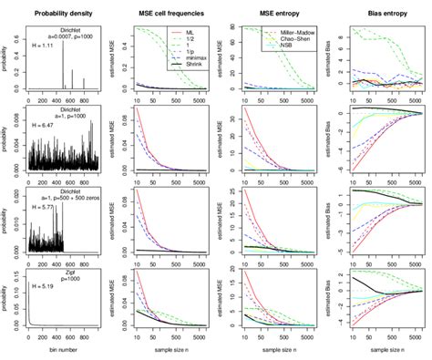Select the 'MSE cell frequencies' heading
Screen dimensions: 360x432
coord(171,13)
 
